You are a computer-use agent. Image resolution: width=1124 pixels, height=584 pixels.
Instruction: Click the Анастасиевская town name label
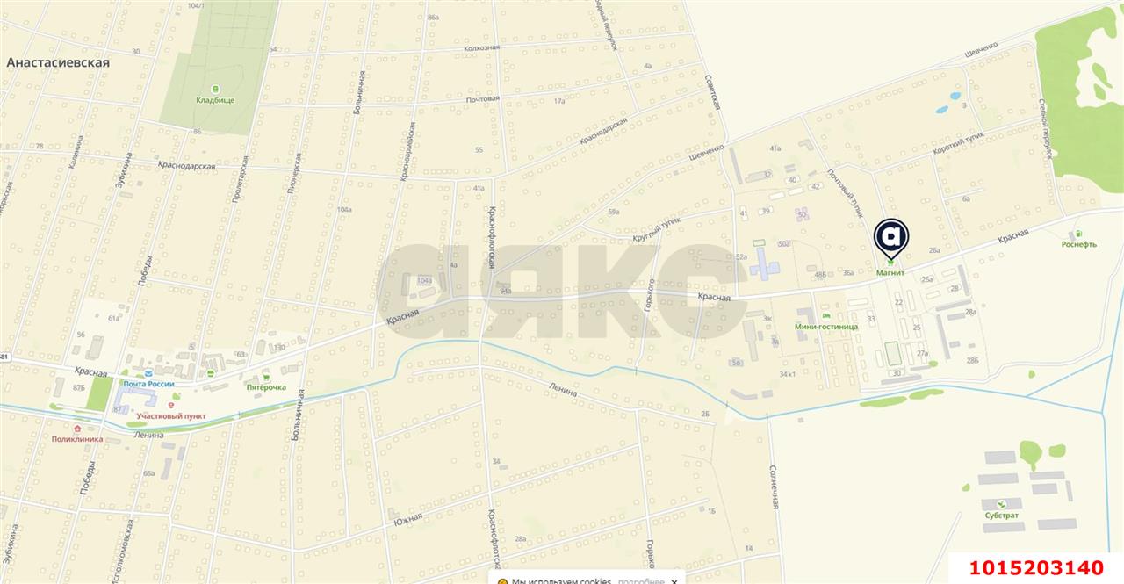58,62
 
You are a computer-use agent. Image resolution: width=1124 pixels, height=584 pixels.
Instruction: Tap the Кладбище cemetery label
215,100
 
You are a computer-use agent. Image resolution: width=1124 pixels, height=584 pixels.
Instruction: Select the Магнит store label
890,273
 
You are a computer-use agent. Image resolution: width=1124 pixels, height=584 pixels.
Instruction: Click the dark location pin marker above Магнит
891,235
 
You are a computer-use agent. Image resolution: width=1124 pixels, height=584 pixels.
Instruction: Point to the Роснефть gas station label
1078,244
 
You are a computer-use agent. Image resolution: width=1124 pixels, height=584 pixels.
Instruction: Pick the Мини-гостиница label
825,326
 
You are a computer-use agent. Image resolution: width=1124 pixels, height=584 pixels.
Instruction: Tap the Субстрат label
1001,516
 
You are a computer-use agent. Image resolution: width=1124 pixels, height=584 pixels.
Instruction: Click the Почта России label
148,384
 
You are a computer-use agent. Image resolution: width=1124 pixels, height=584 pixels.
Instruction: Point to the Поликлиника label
77,438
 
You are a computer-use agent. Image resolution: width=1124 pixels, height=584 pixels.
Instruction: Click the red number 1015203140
1036,566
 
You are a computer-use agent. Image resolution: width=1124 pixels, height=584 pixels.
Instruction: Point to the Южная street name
408,519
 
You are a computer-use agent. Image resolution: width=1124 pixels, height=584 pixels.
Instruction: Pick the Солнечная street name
775,487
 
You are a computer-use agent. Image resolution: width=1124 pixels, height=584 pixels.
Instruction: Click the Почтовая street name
482,98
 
